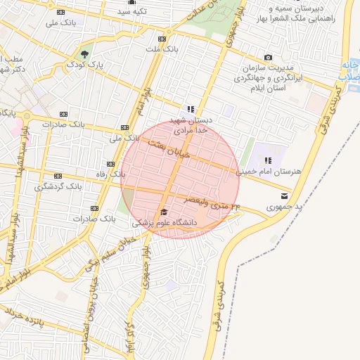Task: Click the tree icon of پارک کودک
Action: (x=85, y=53)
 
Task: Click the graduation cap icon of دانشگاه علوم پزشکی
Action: (x=164, y=212)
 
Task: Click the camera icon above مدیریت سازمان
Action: (x=267, y=57)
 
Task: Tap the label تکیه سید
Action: (x=132, y=12)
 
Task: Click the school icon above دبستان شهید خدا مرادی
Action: (x=191, y=109)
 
